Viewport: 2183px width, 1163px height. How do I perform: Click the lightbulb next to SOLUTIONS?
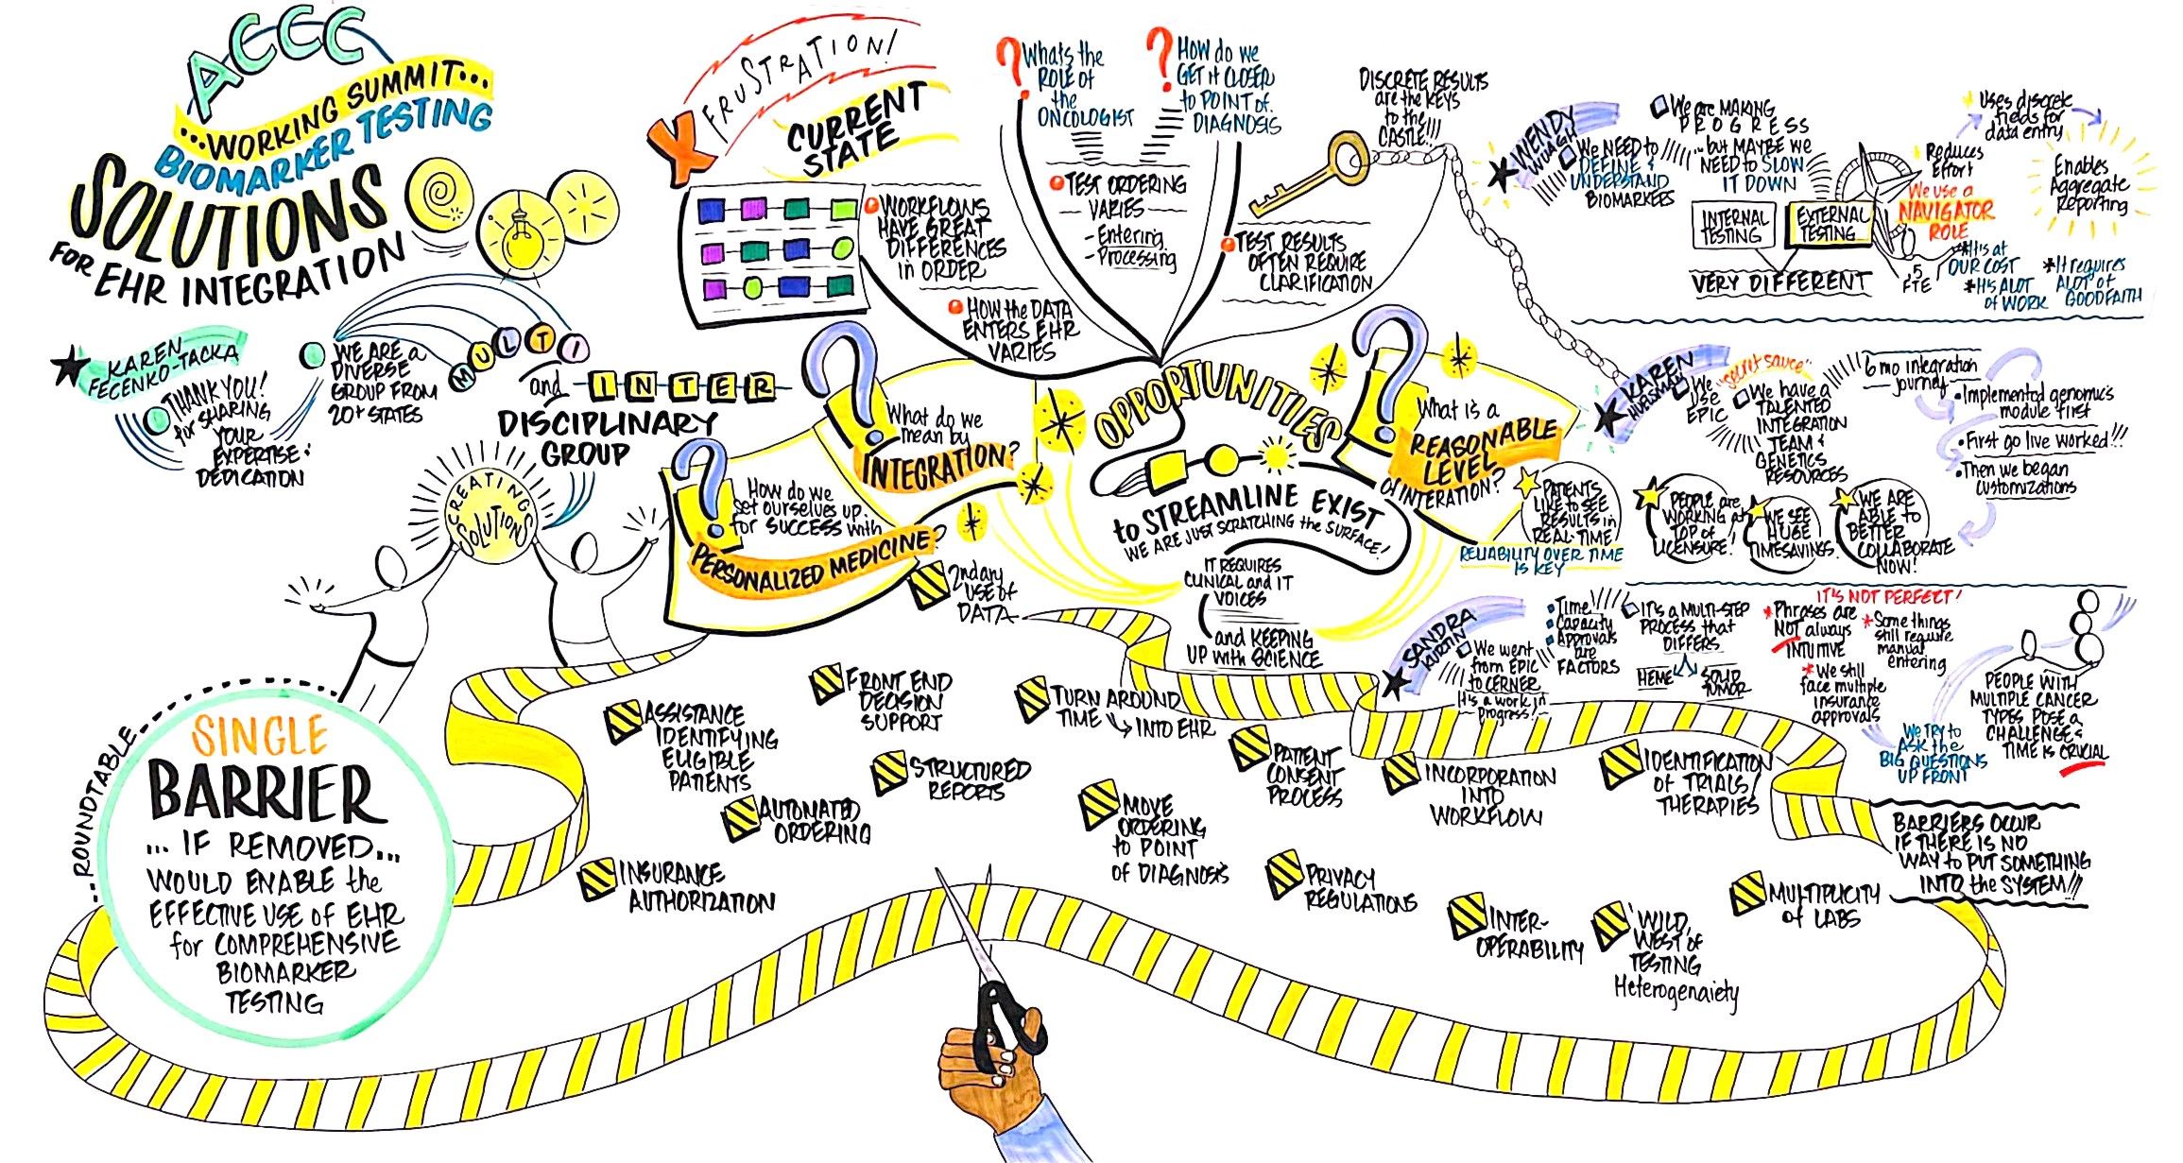517,236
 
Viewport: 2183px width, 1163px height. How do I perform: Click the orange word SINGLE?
260,734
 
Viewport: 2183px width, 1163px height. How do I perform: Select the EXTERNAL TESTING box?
1830,225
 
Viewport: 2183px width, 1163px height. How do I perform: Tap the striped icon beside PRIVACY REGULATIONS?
1284,873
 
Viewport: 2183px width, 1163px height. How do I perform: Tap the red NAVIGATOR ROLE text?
1948,213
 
